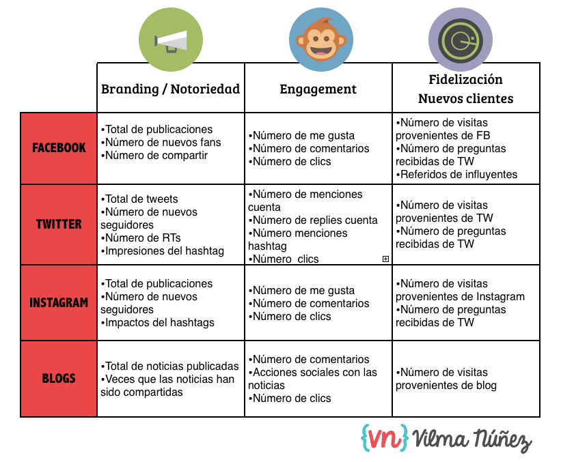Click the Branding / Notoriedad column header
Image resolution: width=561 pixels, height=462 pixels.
coord(170,89)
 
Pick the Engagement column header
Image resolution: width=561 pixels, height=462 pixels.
coord(318,89)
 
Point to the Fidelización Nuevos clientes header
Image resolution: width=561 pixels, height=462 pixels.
coord(465,89)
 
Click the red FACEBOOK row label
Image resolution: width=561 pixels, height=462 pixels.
coord(59,147)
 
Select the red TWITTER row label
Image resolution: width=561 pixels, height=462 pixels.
coord(59,224)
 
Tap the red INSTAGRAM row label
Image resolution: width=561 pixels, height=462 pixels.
coord(59,302)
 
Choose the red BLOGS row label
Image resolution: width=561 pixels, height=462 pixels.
coord(59,378)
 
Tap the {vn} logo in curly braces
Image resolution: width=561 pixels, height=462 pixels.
coord(385,437)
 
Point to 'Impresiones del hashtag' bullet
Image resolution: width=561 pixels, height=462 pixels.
coord(164,250)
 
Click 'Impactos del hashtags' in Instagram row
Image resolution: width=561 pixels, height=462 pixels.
coord(159,322)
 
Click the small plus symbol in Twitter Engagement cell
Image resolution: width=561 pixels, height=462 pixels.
coord(386,259)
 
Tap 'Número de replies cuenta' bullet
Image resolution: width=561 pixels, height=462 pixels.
coord(314,220)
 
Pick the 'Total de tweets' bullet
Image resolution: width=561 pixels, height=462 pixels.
coord(141,199)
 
